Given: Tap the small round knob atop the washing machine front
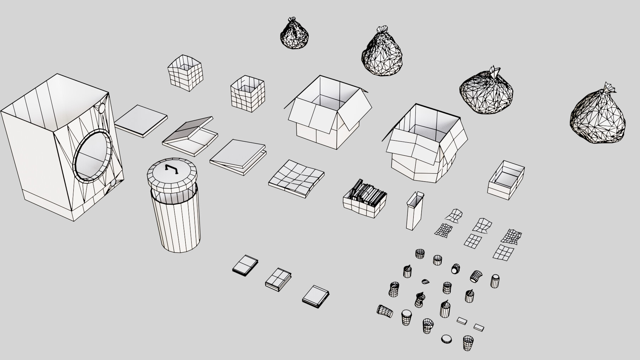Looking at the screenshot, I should pos(102,108).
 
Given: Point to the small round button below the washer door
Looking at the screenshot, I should pos(113,183).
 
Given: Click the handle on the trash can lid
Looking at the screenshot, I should pos(171,170).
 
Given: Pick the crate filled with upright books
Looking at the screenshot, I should pos(365,199).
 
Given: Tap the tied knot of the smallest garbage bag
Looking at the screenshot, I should pos(292,20).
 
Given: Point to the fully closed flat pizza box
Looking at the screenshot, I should pos(141,121).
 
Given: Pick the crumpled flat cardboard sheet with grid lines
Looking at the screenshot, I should pos(296,177).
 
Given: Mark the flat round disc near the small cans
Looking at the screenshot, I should pos(446,339).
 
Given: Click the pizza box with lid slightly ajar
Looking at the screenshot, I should pos(238,157).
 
